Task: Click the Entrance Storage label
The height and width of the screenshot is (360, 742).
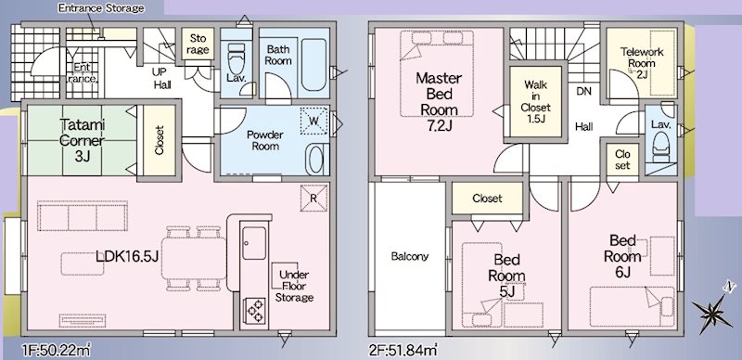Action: coord(101,8)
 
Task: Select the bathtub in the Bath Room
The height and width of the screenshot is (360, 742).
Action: coord(313,64)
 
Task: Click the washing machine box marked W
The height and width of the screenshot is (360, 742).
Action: coord(313,121)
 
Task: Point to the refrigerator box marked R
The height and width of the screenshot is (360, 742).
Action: coord(313,198)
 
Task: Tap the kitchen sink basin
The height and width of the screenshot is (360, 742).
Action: coord(254,242)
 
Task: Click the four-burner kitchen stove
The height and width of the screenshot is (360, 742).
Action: coord(254,310)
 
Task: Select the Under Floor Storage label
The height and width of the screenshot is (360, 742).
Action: coord(294,286)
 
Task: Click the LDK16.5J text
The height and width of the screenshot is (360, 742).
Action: coord(127,256)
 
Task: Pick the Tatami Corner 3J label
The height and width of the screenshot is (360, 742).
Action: coord(83,140)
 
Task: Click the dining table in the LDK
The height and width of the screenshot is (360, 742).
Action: coord(194,258)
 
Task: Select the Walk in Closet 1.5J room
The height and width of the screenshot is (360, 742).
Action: coord(536,102)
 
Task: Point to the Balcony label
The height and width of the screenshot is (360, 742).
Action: coord(409,256)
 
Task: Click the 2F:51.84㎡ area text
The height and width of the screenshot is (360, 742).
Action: coord(403,351)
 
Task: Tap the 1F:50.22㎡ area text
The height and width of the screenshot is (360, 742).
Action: coord(56,351)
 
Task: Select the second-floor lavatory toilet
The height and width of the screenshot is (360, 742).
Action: coord(661,144)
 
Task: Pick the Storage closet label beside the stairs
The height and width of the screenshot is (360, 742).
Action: coord(198,43)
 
